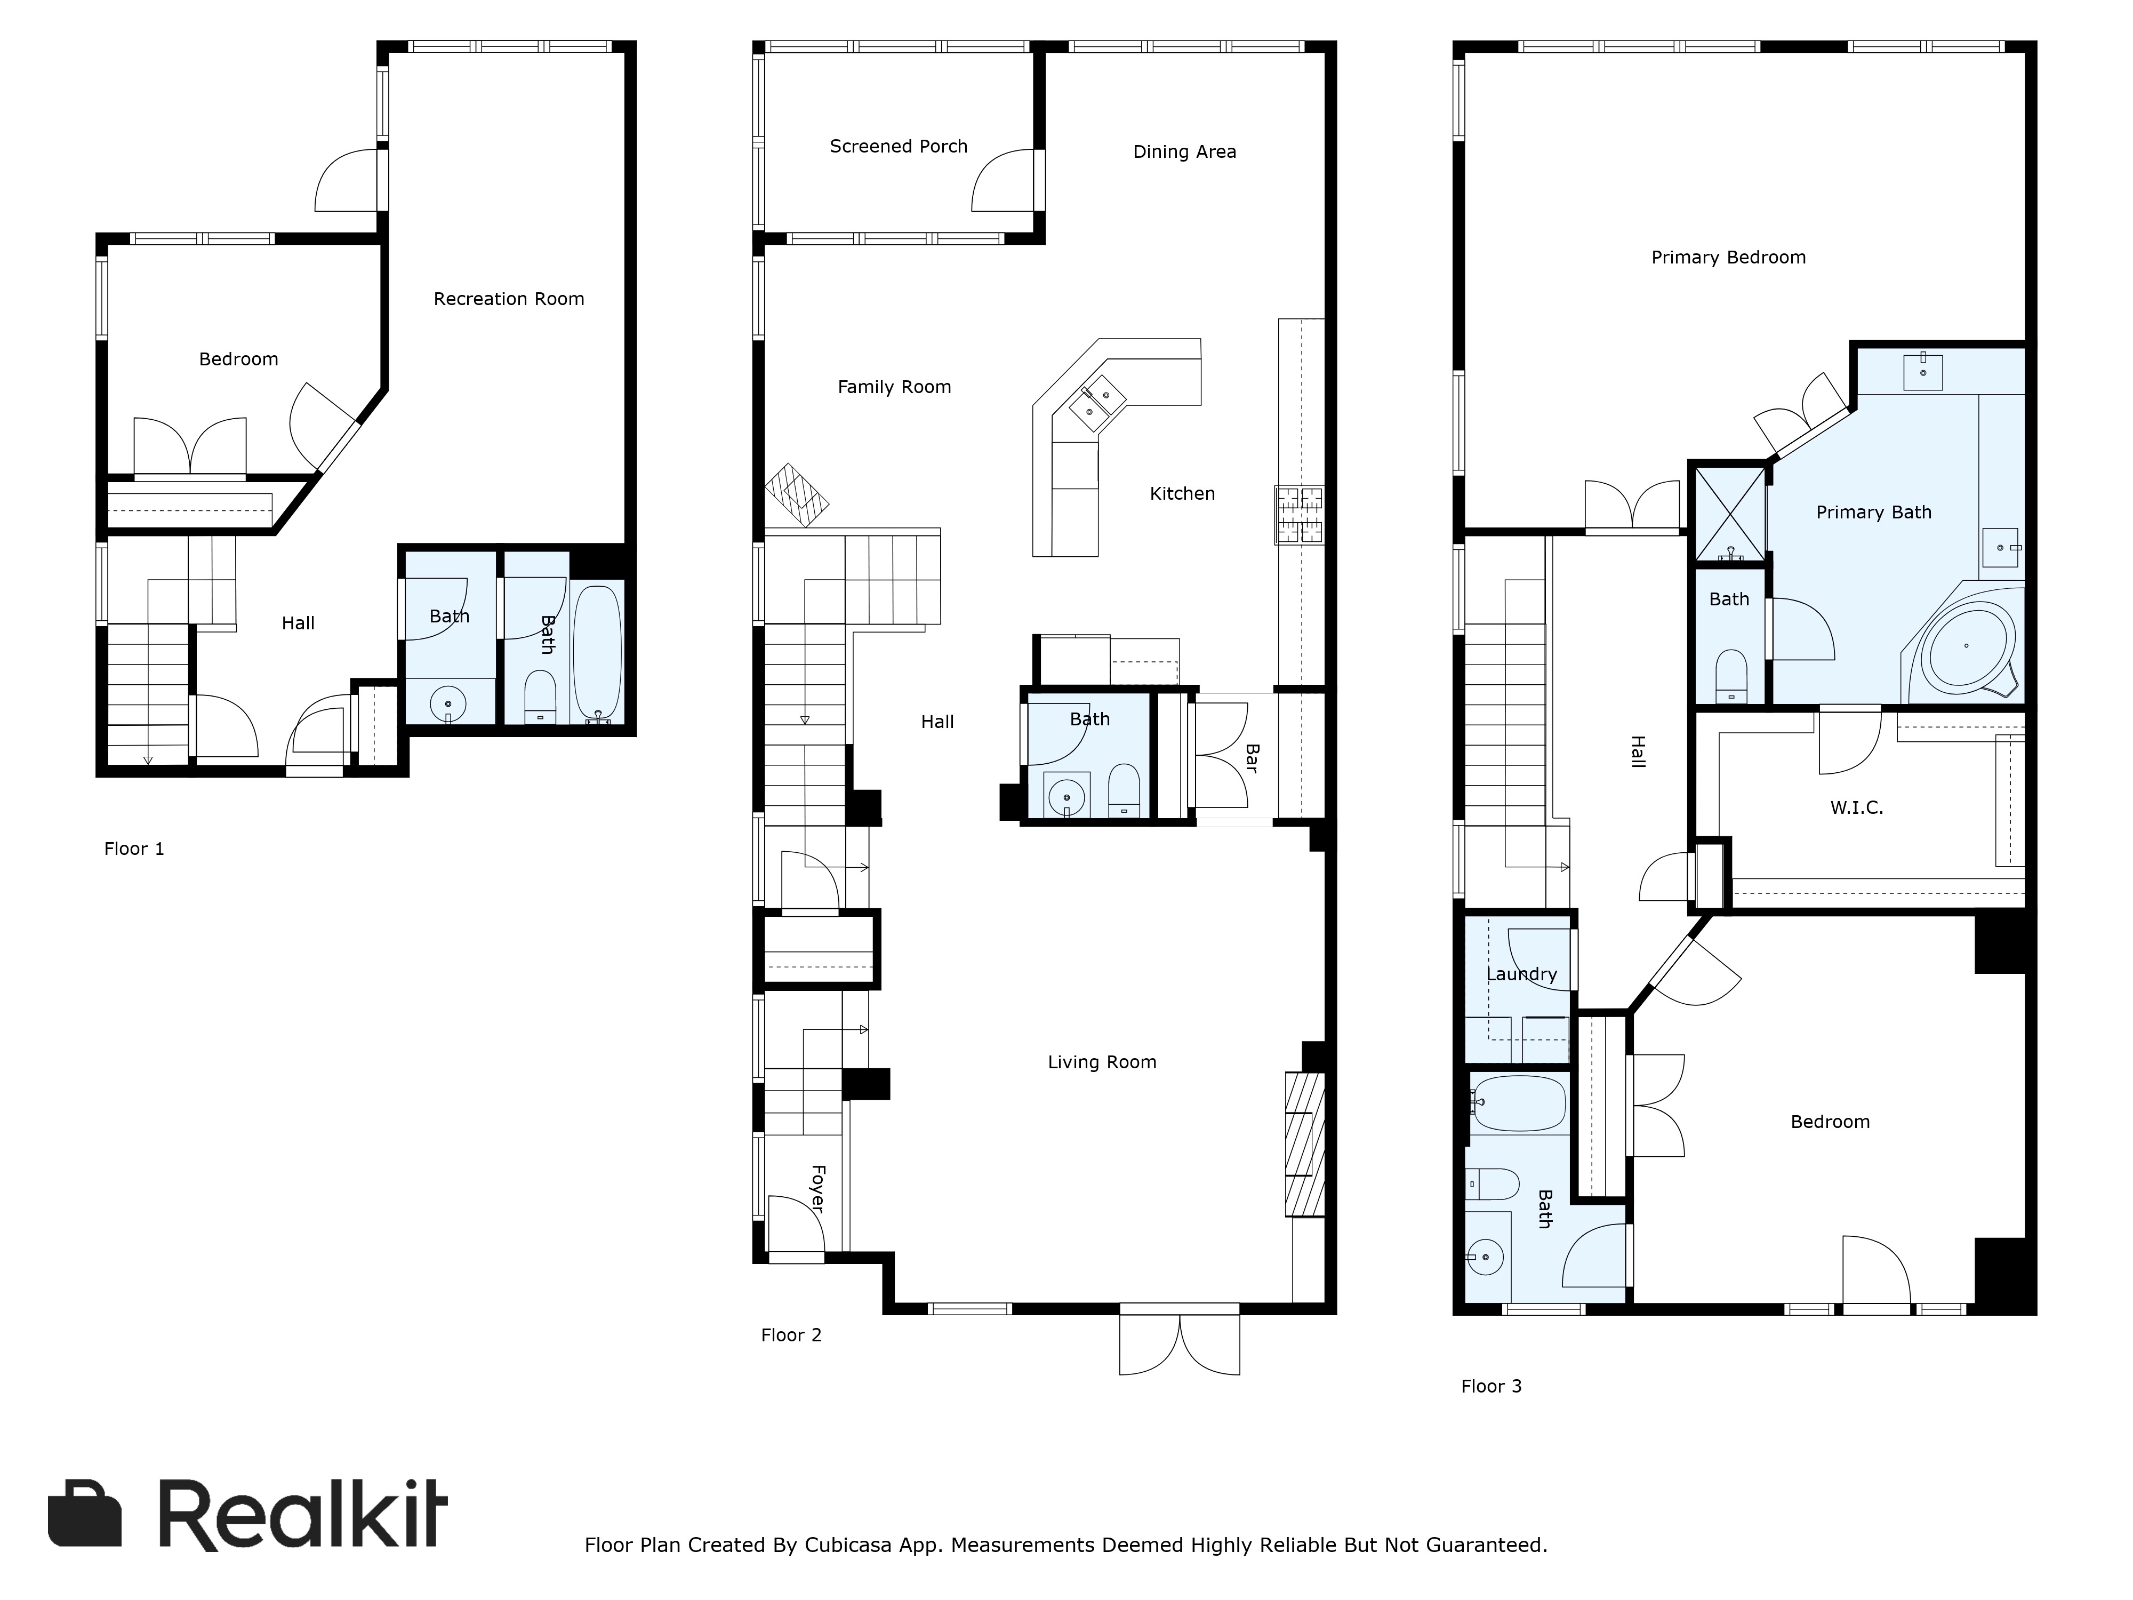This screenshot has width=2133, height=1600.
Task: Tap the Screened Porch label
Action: click(x=898, y=147)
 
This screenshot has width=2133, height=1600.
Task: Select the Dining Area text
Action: click(x=1184, y=151)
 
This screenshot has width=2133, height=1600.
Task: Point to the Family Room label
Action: click(x=894, y=387)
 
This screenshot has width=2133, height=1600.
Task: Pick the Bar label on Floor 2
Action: click(x=1250, y=757)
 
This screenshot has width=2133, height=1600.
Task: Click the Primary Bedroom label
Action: click(x=1728, y=258)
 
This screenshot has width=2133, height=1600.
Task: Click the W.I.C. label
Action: click(x=1856, y=807)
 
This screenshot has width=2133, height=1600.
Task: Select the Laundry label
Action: click(x=1522, y=974)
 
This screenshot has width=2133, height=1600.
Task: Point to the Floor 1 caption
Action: click(x=134, y=849)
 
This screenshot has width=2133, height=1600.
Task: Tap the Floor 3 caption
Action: click(x=1491, y=1386)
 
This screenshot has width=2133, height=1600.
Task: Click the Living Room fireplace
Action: click(x=1305, y=1144)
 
